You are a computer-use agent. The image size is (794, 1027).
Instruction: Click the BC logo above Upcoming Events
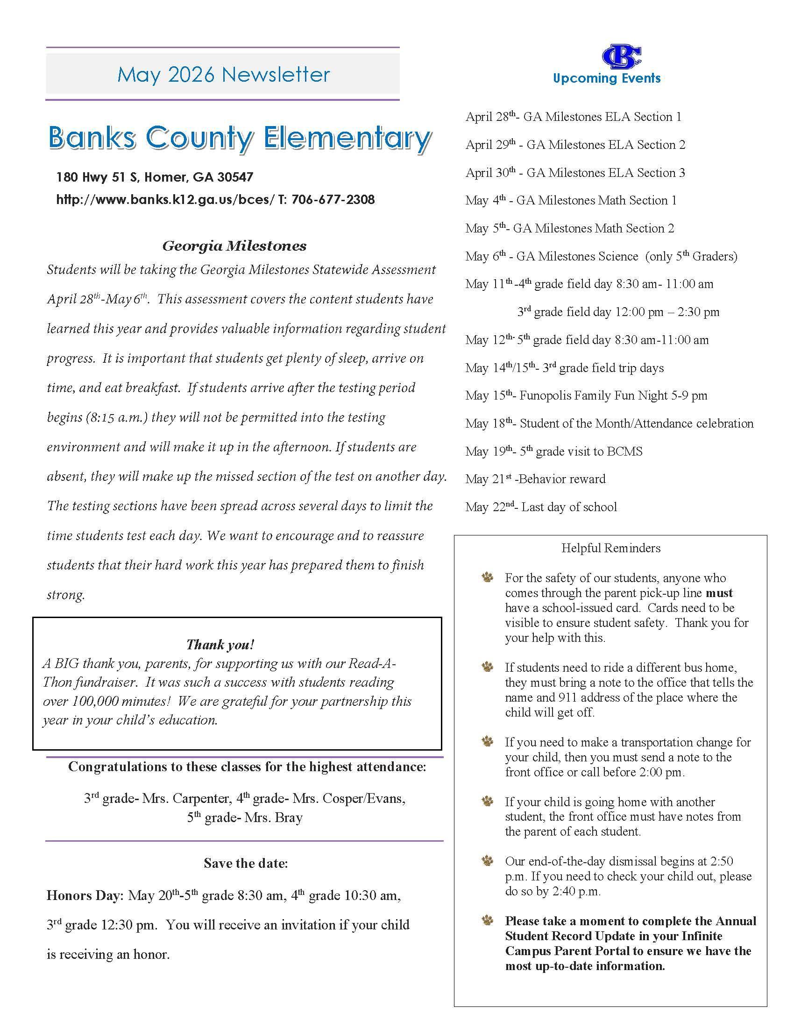click(x=621, y=57)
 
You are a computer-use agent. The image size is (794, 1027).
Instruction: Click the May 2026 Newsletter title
click(x=223, y=74)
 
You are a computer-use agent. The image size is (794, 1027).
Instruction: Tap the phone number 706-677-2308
click(x=333, y=199)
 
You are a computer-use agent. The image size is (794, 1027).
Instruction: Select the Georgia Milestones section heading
click(x=234, y=246)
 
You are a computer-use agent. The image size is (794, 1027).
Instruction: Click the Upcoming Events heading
click(x=607, y=78)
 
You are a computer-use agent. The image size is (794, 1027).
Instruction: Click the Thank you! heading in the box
click(x=220, y=644)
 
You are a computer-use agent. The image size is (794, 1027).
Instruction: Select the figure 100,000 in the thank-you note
click(x=95, y=701)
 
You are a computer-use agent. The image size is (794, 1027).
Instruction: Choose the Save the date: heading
click(x=246, y=863)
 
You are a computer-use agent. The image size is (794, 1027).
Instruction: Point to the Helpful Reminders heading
click(x=610, y=548)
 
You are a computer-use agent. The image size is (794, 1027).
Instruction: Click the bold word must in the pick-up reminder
click(x=719, y=593)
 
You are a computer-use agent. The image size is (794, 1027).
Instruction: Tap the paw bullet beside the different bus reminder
click(x=487, y=667)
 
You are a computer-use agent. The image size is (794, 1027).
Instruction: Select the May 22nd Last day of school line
click(x=541, y=507)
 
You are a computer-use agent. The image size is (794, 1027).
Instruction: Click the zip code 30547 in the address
click(x=235, y=177)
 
